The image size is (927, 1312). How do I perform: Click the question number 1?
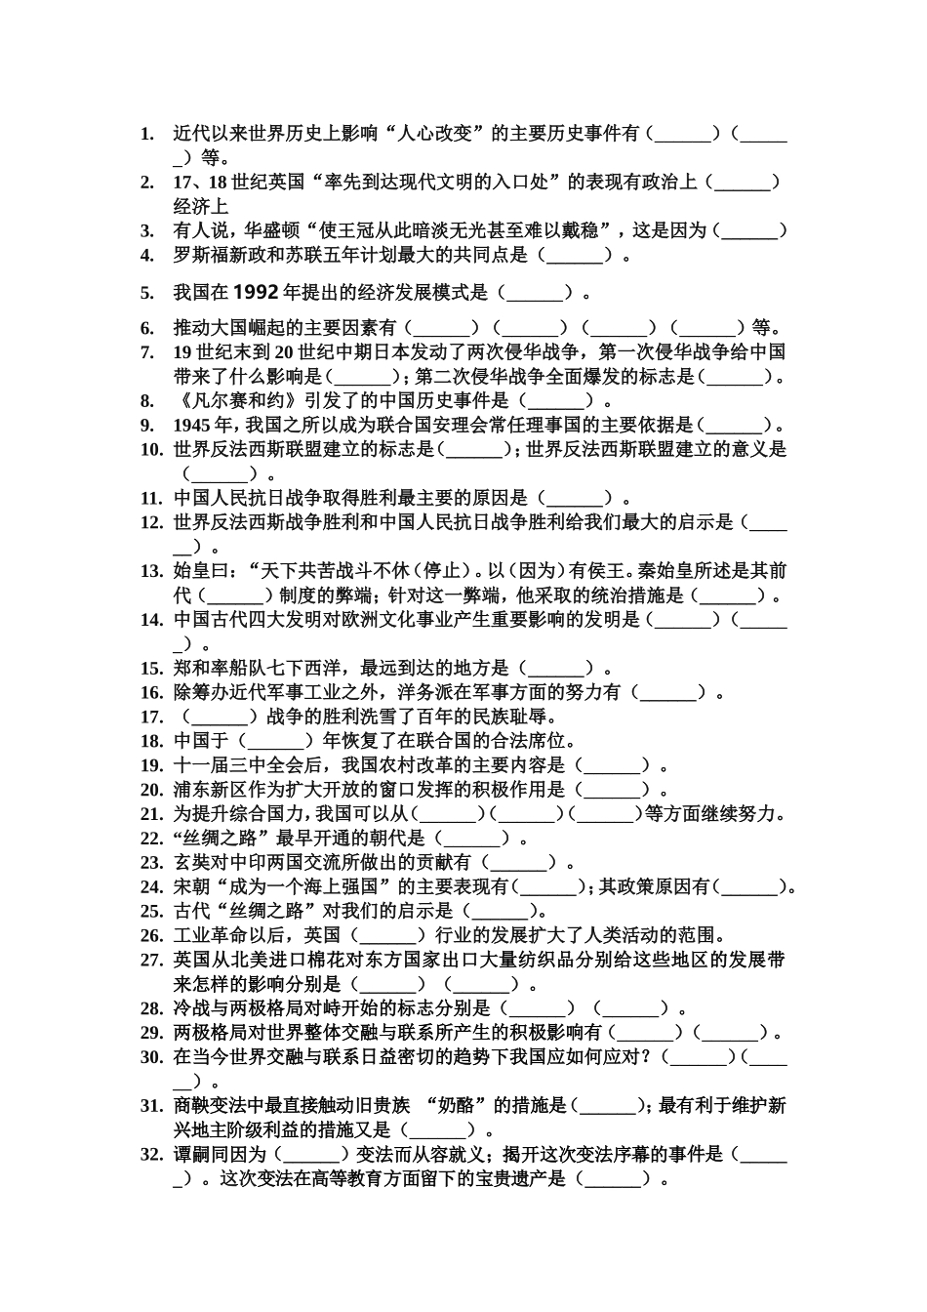tap(146, 133)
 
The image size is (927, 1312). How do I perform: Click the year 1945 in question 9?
tap(193, 425)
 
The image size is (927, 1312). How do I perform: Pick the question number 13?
tap(151, 571)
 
